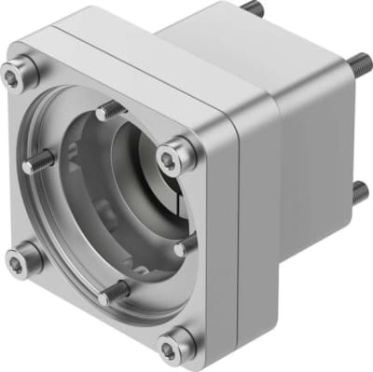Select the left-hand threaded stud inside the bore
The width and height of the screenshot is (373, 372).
click(x=40, y=165)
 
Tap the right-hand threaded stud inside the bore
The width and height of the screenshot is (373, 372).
click(x=186, y=244)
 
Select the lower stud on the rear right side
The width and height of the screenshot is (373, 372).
click(x=358, y=191)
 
